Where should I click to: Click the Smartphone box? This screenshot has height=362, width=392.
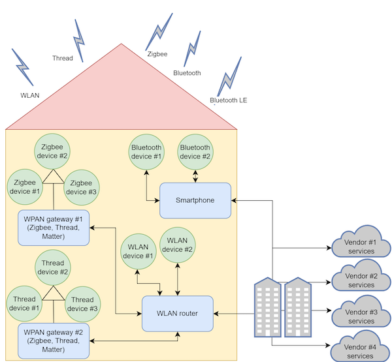tap(195, 200)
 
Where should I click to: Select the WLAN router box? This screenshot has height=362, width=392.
tap(178, 314)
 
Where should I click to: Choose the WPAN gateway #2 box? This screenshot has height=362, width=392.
tap(54, 340)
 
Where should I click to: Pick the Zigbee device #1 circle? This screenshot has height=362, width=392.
tap(24, 187)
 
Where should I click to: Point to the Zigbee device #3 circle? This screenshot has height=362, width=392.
tap(82, 187)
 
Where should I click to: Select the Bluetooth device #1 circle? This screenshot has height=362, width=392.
tap(146, 151)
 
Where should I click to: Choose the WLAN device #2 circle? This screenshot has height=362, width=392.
tap(178, 245)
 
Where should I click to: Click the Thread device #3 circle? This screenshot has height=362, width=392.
tap(82, 303)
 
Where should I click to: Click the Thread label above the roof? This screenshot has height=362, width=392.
tap(63, 59)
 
